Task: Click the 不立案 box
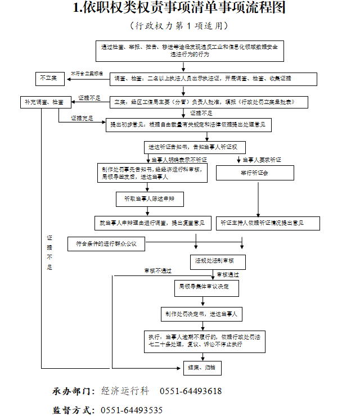(x=51, y=78)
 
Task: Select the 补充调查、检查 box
(x=43, y=102)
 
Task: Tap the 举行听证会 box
(x=255, y=173)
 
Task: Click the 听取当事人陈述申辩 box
(x=146, y=199)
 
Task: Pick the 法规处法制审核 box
(x=214, y=261)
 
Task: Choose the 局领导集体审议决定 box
(x=206, y=288)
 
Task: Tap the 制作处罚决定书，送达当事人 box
(x=201, y=314)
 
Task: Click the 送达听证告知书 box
(x=193, y=147)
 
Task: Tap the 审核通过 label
(x=228, y=275)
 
